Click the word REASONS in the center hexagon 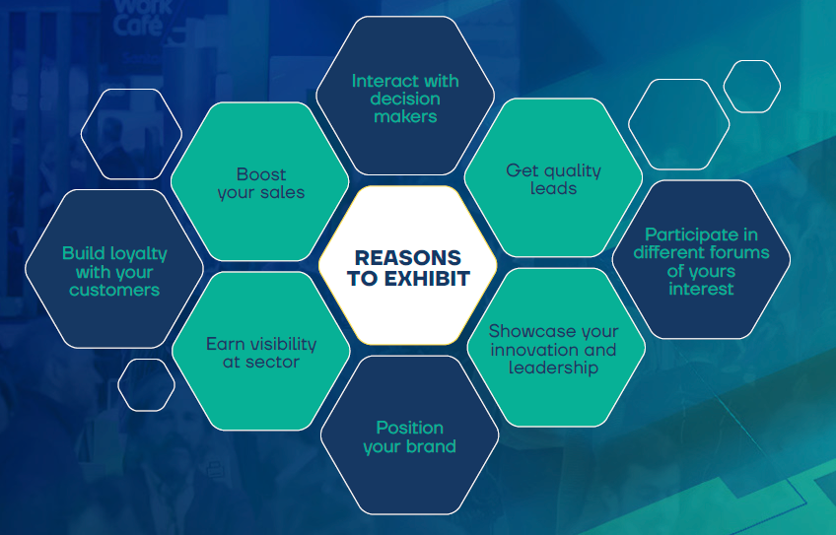click(408, 258)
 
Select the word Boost click(261, 174)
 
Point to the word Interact click(380, 81)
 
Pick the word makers click(405, 116)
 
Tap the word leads click(553, 188)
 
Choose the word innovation click(534, 350)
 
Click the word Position click(409, 428)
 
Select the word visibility click(284, 344)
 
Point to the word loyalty click(138, 253)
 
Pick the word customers click(114, 290)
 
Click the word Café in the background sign click(138, 26)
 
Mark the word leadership click(553, 368)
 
